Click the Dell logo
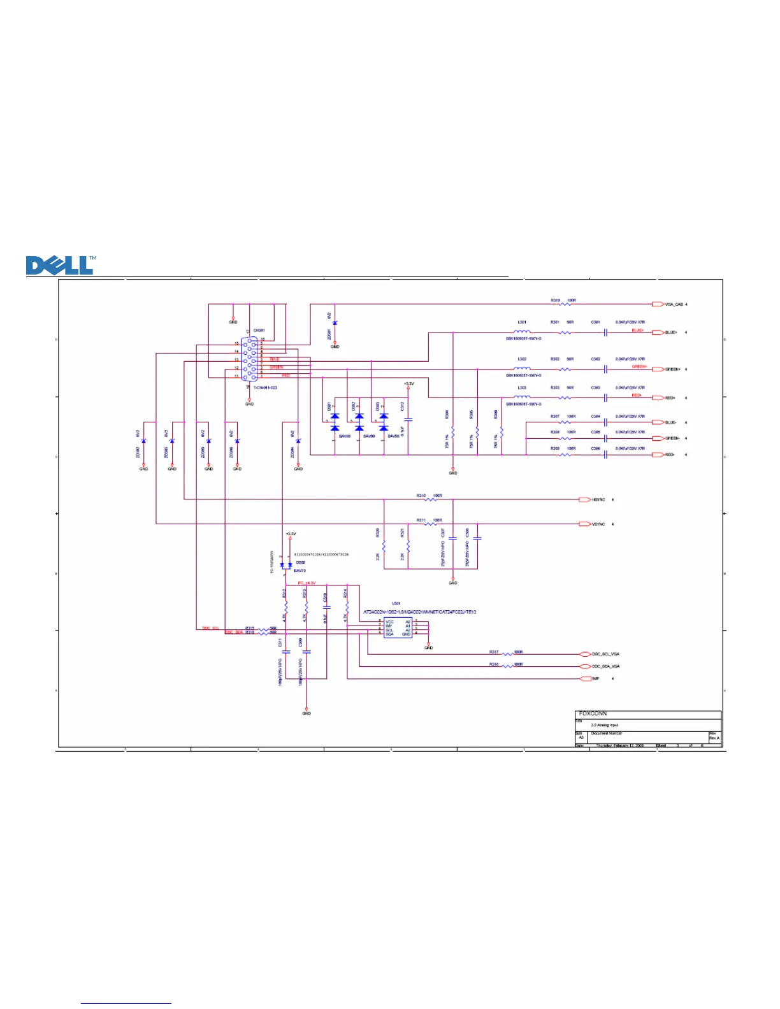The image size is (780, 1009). tap(61, 265)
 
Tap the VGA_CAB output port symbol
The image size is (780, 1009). tap(658, 304)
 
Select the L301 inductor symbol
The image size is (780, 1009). tap(522, 333)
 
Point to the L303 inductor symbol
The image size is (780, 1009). tap(522, 397)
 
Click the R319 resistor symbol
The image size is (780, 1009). tap(565, 304)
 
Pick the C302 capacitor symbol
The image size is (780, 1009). tap(605, 369)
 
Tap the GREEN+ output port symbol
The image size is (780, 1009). tap(658, 369)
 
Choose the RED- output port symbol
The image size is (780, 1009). tap(658, 455)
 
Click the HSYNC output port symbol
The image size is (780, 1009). tap(584, 499)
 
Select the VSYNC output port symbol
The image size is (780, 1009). tap(584, 524)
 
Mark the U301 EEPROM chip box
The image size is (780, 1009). tap(398, 627)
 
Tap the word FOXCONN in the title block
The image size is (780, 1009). tap(593, 714)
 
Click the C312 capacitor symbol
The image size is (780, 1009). tap(408, 420)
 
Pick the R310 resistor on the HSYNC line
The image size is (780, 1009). tap(430, 499)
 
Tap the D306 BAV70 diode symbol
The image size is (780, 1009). tap(286, 565)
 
